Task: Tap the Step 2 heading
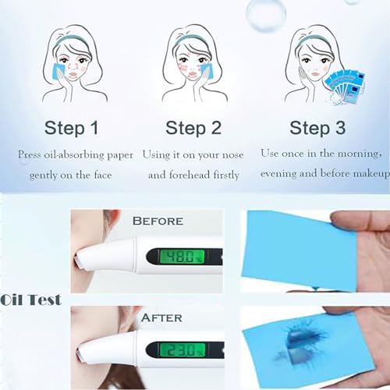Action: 193,127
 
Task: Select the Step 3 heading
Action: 321,127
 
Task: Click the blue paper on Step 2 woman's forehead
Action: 205,69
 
